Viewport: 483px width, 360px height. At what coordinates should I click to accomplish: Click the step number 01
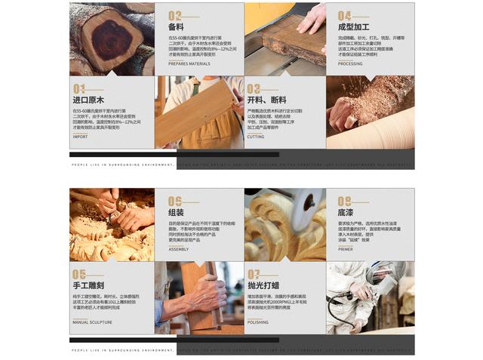78,89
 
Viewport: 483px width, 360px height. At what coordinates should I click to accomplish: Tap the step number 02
174,15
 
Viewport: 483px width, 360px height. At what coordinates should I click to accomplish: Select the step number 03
254,89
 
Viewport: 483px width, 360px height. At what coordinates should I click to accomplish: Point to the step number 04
344,15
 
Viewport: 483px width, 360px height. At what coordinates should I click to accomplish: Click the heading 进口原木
88,100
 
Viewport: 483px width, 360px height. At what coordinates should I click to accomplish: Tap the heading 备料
176,26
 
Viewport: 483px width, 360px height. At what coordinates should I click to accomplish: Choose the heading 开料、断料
266,100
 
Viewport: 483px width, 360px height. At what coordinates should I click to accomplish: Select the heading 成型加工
353,26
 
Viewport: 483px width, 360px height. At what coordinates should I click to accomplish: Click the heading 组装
176,212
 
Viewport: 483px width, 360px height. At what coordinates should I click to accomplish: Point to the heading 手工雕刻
88,286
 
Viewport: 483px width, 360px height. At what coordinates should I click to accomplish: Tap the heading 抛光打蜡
263,286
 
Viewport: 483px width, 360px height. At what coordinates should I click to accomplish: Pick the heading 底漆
345,212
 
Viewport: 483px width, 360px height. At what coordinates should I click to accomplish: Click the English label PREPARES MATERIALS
189,63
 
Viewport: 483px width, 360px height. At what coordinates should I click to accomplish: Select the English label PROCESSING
350,63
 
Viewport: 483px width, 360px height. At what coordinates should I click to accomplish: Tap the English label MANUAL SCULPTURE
92,322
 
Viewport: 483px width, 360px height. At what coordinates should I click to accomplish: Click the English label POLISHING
257,322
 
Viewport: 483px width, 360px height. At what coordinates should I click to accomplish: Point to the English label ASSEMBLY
179,249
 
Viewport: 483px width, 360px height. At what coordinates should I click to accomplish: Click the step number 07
254,275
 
